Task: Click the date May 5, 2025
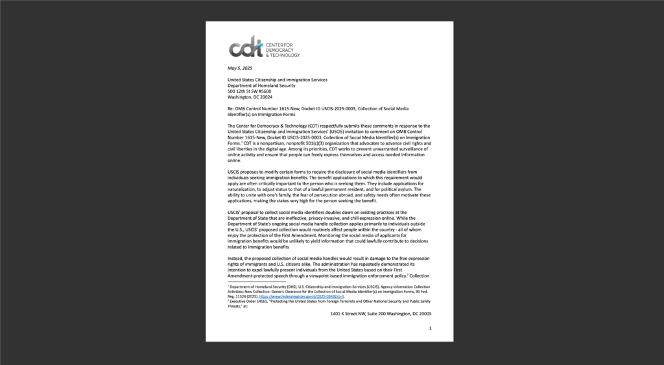click(x=239, y=68)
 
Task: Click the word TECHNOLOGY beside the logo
click(x=286, y=55)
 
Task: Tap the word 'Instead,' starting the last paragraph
click(x=237, y=259)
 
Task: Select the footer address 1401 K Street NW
click(x=355, y=314)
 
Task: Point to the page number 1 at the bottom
click(x=430, y=329)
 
